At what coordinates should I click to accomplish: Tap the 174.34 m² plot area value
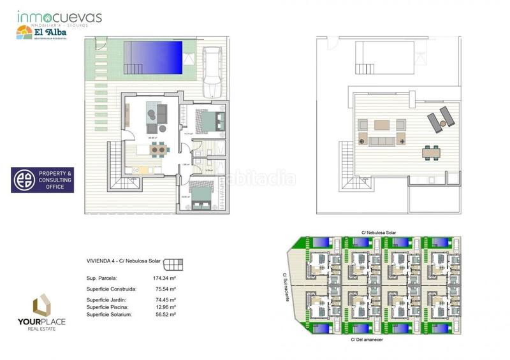point(165,278)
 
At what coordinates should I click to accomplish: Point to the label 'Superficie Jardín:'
point(106,299)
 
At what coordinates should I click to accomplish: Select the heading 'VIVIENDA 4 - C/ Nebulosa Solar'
point(123,261)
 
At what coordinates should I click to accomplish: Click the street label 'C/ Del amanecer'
point(369,340)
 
